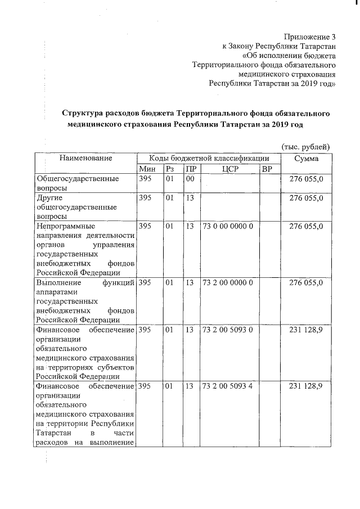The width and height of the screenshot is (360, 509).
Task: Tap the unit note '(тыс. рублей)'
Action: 305,146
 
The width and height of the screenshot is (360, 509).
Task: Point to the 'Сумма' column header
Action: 306,158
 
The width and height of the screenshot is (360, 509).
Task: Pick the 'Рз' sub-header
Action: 170,169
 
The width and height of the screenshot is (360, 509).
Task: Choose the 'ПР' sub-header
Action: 191,169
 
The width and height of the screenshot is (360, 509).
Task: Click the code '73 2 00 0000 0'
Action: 227,282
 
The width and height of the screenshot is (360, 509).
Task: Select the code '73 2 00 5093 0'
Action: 227,330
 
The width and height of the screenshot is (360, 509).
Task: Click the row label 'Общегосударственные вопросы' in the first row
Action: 76,183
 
